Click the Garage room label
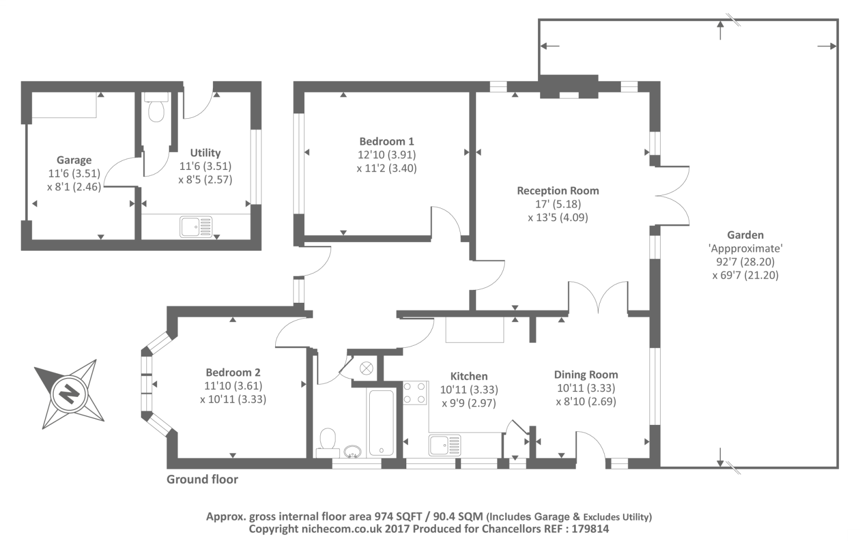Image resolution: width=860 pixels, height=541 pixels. pos(74,160)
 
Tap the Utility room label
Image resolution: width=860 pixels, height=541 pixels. pos(205,153)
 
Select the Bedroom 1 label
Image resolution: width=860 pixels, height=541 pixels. pos(386,142)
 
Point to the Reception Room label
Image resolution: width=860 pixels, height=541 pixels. pos(557,191)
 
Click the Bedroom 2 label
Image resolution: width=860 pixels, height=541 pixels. pos(233,372)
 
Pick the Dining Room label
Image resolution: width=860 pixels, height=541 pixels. pos(586,375)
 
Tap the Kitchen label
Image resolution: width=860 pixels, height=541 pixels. pos(469,376)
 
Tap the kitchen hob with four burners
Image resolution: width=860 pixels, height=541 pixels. pos(415,393)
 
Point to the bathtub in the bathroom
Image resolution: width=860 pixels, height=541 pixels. pos(381,423)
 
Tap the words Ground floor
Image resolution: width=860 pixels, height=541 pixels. pos(202,479)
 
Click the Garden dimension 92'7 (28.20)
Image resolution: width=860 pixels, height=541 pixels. pos(745,262)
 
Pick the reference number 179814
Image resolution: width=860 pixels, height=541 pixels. pos(592,529)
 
